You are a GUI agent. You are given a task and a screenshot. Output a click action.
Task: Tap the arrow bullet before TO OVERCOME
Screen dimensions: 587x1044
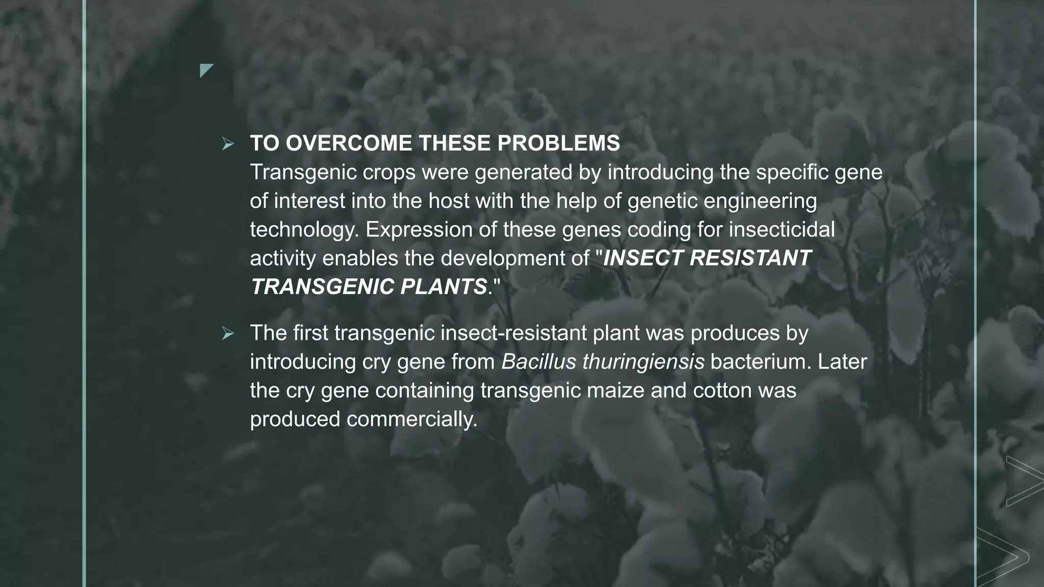coord(227,144)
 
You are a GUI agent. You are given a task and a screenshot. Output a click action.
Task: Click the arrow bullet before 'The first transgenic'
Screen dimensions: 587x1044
coord(227,334)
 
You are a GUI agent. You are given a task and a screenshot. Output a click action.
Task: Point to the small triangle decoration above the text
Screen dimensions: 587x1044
coord(205,70)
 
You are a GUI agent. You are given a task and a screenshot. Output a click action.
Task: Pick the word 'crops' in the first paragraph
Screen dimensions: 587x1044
coord(389,173)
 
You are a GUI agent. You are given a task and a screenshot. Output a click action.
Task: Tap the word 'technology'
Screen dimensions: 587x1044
coord(304,230)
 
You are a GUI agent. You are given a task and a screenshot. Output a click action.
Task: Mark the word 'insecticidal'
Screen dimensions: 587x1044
coord(781,230)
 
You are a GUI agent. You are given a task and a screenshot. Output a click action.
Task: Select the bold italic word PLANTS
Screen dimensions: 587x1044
coord(443,287)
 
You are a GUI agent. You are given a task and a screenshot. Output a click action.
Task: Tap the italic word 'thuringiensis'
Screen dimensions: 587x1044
coord(643,362)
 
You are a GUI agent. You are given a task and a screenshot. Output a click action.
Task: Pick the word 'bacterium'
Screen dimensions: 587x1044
coord(760,362)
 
